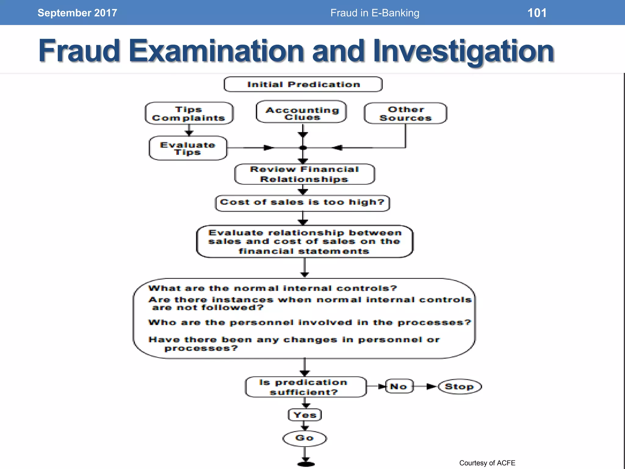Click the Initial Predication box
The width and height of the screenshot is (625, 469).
303,84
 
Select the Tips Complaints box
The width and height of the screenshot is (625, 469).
189,114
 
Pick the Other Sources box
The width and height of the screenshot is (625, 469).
405,114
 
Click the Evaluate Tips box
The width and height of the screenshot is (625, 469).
188,148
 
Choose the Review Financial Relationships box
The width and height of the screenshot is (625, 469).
304,174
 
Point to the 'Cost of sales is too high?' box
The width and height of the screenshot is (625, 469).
302,203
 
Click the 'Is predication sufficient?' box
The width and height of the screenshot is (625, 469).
305,387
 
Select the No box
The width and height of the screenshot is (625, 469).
399,387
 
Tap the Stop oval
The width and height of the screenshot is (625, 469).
460,387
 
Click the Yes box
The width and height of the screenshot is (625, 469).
305,415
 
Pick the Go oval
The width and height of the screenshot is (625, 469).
305,438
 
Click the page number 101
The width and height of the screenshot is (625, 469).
537,13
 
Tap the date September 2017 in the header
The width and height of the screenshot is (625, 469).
77,13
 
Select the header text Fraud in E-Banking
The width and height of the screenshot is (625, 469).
375,13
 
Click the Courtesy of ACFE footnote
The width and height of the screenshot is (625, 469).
487,463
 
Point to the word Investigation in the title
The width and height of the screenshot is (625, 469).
463,51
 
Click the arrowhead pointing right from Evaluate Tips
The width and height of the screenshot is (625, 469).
268,148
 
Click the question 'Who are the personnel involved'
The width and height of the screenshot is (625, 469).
309,323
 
